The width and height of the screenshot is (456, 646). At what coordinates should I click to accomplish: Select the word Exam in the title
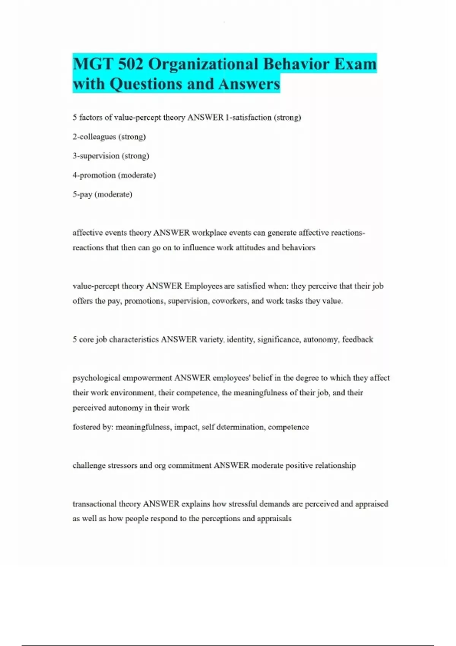point(355,64)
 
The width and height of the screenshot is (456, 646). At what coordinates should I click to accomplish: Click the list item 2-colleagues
point(109,137)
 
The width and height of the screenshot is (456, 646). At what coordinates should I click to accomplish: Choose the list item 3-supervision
point(111,156)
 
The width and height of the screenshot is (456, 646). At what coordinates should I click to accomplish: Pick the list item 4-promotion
point(114,175)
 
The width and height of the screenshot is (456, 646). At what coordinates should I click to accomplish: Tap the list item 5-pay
point(102,195)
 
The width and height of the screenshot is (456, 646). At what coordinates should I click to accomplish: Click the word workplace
point(209,233)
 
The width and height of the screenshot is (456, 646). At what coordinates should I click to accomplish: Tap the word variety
point(212,339)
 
